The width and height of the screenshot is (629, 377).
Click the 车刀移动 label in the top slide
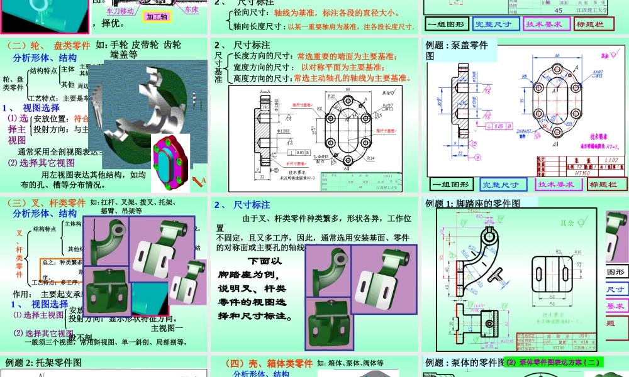pyautogui.click(x=120, y=11)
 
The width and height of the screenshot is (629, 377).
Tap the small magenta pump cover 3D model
pyautogui.click(x=170, y=160)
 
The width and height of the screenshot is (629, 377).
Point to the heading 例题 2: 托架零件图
pyautogui.click(x=43, y=363)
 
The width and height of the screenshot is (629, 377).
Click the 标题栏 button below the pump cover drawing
pyautogui.click(x=606, y=184)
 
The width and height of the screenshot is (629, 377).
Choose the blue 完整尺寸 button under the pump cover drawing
pyautogui.click(x=501, y=184)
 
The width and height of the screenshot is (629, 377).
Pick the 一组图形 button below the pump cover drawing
pyautogui.click(x=450, y=184)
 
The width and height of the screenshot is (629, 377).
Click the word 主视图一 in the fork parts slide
pyautogui.click(x=167, y=327)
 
